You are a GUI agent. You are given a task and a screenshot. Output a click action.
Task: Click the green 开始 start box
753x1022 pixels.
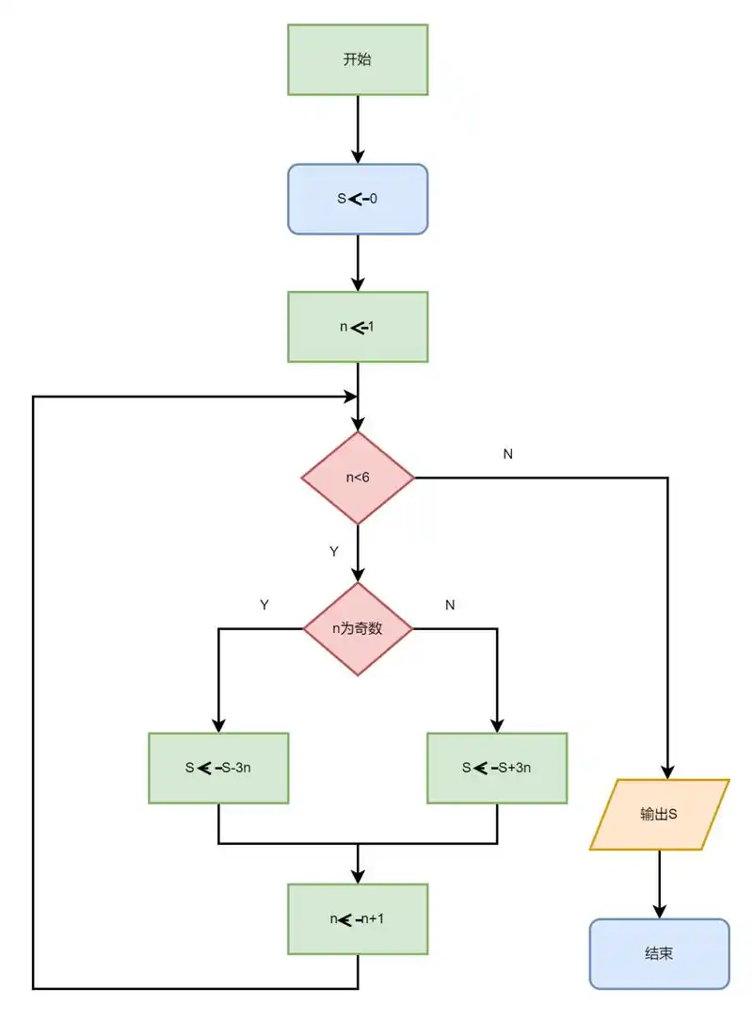pyautogui.click(x=358, y=59)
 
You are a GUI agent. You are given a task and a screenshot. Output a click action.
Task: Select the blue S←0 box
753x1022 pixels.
pyautogui.click(x=358, y=199)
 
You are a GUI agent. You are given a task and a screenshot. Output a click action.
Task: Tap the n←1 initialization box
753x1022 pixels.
pyautogui.click(x=358, y=327)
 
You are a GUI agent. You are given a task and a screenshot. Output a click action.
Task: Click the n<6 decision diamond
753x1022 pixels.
pyautogui.click(x=358, y=478)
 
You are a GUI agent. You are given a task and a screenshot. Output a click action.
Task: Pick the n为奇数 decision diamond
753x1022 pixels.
pyautogui.click(x=358, y=628)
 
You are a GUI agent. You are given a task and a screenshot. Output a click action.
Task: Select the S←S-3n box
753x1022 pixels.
pyautogui.click(x=218, y=768)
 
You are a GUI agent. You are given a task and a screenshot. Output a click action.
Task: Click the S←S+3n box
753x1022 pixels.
pyautogui.click(x=497, y=768)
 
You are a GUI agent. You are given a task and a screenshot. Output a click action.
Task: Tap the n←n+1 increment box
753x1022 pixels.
pyautogui.click(x=358, y=918)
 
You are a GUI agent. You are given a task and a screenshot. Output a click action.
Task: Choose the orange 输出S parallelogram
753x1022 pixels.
pyautogui.click(x=660, y=814)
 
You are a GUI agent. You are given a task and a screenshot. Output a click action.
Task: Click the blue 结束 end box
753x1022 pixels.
pyautogui.click(x=660, y=953)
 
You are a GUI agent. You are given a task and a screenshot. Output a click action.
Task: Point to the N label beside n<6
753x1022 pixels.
pyautogui.click(x=508, y=454)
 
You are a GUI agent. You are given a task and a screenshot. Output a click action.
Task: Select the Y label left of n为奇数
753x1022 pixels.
pyautogui.click(x=264, y=606)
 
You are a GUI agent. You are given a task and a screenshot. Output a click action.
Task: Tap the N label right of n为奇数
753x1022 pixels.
pyautogui.click(x=450, y=606)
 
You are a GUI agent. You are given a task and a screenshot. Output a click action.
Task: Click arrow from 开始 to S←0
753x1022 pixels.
pyautogui.click(x=358, y=129)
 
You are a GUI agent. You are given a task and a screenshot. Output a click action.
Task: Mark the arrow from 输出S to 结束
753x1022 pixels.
pyautogui.click(x=660, y=884)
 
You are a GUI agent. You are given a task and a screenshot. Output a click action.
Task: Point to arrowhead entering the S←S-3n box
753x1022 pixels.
pyautogui.click(x=218, y=725)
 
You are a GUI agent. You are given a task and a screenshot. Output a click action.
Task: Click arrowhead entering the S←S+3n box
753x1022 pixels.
pyautogui.click(x=497, y=725)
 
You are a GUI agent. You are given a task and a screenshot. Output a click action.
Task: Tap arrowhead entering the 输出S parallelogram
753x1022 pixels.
pyautogui.click(x=667, y=771)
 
